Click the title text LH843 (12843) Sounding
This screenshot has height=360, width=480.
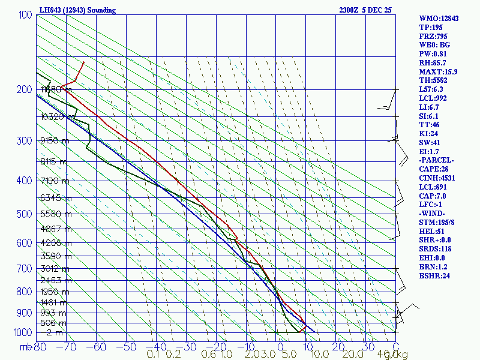[x=77, y=10]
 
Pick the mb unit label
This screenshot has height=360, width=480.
[x=25, y=347]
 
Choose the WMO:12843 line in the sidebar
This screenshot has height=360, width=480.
[x=439, y=19]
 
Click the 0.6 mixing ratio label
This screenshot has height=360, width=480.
[x=209, y=355]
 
